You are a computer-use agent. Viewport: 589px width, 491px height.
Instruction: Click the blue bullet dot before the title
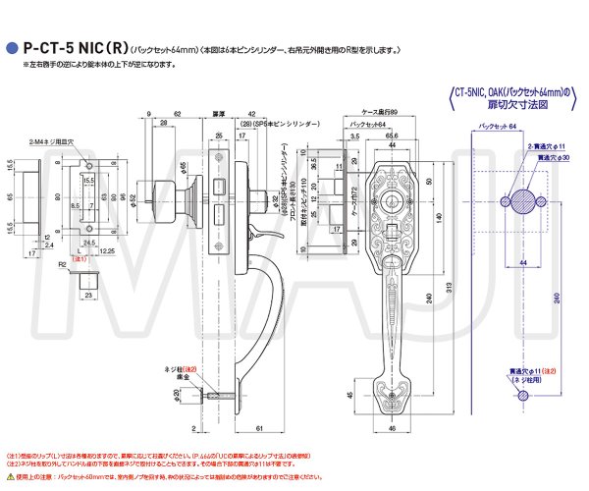click(13, 45)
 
